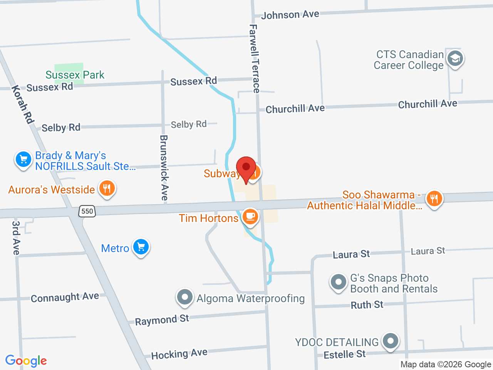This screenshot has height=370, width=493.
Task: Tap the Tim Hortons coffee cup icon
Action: [x=250, y=216]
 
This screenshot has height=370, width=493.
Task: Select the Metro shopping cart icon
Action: [x=141, y=247]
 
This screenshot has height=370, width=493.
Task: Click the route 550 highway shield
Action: [x=87, y=211]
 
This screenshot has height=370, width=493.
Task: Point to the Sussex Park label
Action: [x=75, y=75]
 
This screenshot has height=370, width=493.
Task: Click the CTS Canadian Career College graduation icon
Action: [x=455, y=59]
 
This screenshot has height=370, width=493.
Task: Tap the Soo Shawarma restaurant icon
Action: [x=434, y=198]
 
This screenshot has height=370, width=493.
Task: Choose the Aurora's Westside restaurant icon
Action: [x=107, y=188]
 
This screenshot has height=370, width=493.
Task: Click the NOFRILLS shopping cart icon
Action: [x=23, y=159]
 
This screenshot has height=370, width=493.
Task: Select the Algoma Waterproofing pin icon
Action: [x=185, y=297]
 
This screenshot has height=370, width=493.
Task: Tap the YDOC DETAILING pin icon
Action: [x=391, y=341]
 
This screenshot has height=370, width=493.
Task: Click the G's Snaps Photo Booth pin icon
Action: [x=339, y=282]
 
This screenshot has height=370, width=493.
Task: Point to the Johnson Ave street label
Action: [x=290, y=15]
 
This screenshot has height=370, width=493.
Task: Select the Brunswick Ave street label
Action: [x=164, y=167]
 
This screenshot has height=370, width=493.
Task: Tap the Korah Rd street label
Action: [x=23, y=104]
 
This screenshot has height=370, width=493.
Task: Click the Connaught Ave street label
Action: [x=65, y=297]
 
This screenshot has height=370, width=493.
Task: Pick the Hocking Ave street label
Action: [x=179, y=354]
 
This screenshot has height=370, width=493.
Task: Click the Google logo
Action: [x=26, y=361]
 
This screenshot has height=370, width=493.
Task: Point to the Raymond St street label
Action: [x=162, y=320]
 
